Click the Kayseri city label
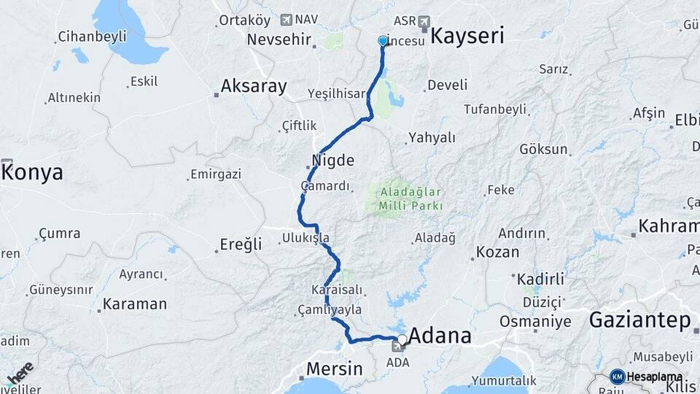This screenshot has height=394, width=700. [467, 36]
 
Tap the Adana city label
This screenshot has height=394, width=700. [440, 336]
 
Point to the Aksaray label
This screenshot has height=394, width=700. [254, 85]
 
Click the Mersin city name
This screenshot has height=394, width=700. [334, 368]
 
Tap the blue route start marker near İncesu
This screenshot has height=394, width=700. [383, 41]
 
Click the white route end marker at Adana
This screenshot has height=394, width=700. [402, 339]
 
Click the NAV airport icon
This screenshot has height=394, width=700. [285, 20]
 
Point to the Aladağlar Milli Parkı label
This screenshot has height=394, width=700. [411, 198]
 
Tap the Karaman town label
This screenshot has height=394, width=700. [134, 304]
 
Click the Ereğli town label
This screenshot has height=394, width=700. [241, 244]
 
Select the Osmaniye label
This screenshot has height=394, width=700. [535, 321]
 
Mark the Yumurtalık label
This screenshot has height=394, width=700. [504, 380]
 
